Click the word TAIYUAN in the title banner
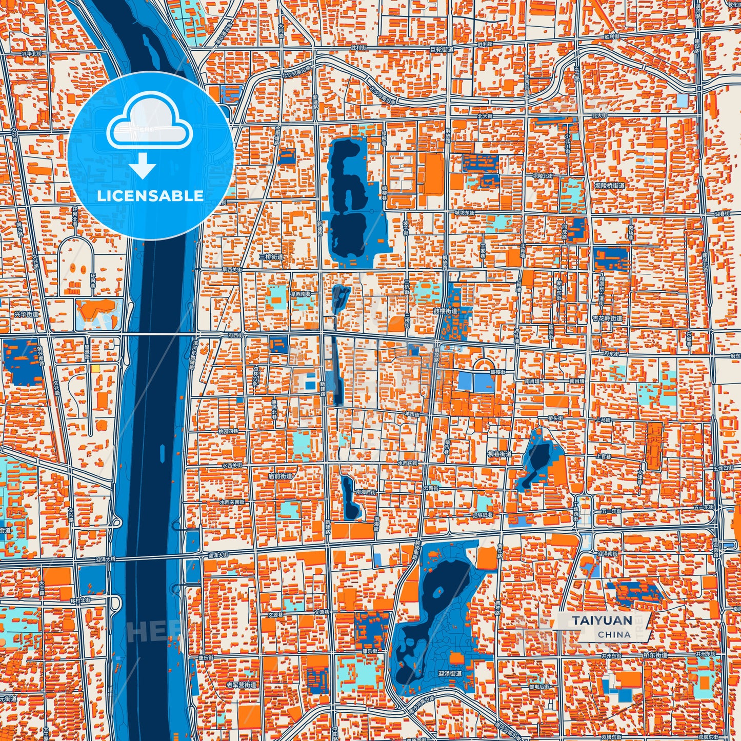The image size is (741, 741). pos(602,620)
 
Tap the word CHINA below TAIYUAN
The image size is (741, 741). pos(614,634)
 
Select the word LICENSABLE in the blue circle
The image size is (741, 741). pos(150,196)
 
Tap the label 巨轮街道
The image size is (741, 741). pos(442,50)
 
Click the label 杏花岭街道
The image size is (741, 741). pos(607,318)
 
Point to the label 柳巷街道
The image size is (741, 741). pos(499,454)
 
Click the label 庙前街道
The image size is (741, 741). pos(280,476)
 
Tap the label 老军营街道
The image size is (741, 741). pos(241,685)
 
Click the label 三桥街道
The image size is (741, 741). pos(271,256)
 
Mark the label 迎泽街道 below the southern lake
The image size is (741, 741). pos(449,673)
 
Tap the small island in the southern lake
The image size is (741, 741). pos(437,591)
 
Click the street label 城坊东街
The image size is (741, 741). pos(464,212)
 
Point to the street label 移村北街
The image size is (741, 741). pos(80,599)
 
